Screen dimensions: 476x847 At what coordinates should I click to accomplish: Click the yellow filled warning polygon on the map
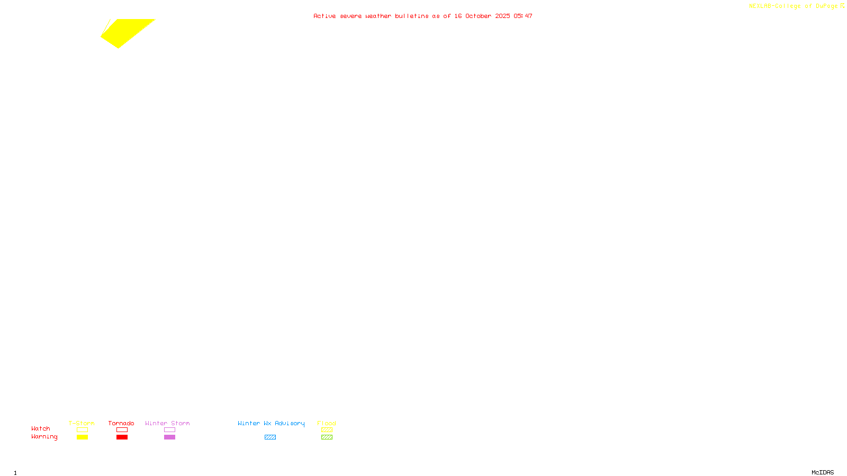127,32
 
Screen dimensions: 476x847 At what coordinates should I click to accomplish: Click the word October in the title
478,16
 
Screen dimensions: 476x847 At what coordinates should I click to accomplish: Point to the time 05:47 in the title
523,16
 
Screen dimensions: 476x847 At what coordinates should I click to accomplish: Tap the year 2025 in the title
502,16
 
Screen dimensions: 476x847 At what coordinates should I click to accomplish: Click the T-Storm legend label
82,423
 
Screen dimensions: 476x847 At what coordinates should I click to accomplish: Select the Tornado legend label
121,423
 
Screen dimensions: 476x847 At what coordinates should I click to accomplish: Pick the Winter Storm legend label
167,423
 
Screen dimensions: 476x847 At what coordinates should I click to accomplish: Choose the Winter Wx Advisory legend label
271,423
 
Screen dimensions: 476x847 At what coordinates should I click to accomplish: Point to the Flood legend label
327,423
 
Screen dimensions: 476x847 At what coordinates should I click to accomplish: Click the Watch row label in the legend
41,428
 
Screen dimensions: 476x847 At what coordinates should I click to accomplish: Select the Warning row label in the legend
44,437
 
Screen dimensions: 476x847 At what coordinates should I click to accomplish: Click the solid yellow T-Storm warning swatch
82,437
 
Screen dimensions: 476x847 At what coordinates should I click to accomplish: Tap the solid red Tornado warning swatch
122,437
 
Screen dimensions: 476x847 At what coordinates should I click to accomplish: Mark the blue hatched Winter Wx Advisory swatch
270,437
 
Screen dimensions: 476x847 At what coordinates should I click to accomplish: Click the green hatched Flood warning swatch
327,437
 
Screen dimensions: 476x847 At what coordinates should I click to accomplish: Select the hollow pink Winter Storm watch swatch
169,430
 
